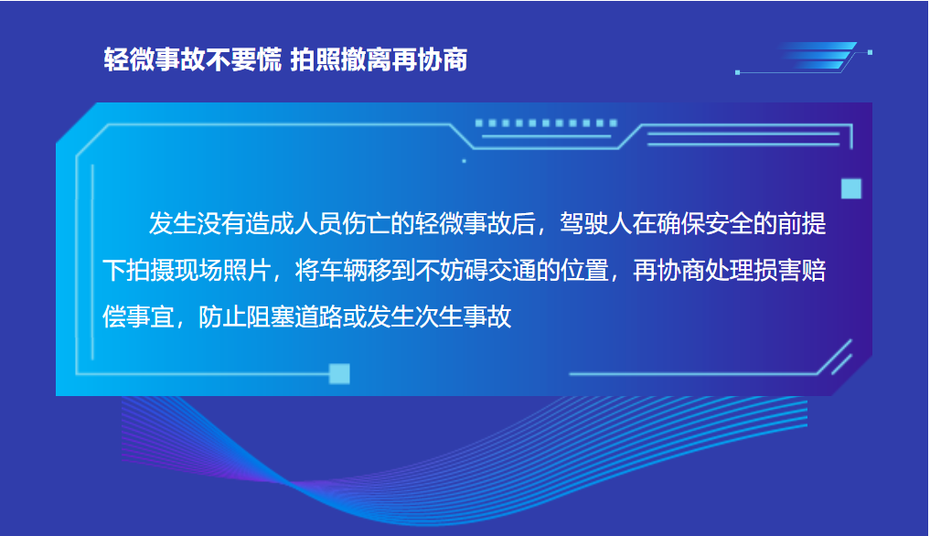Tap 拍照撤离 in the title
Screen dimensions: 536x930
(335, 60)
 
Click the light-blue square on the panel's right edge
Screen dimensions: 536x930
(851, 189)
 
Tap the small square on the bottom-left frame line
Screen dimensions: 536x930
(339, 373)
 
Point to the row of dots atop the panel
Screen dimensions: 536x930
(546, 123)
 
